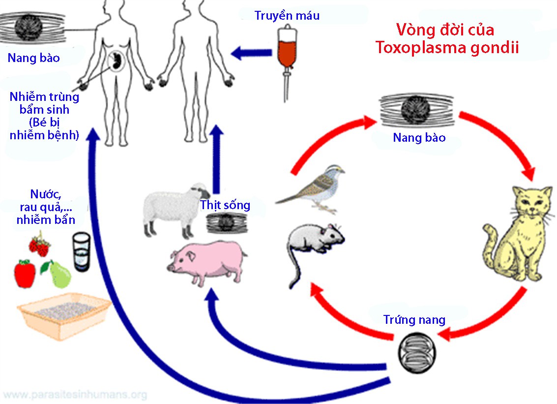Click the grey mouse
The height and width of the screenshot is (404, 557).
[315, 241]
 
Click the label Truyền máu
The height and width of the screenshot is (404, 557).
[287, 15]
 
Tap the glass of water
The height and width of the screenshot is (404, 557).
[82, 251]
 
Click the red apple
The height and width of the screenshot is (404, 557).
[25, 274]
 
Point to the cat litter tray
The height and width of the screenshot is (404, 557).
[64, 315]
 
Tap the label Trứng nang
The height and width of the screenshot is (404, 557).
[414, 320]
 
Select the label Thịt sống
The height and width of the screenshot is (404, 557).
[225, 205]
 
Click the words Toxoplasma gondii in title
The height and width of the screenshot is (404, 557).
[447, 48]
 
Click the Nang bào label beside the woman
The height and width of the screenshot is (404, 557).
[33, 58]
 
